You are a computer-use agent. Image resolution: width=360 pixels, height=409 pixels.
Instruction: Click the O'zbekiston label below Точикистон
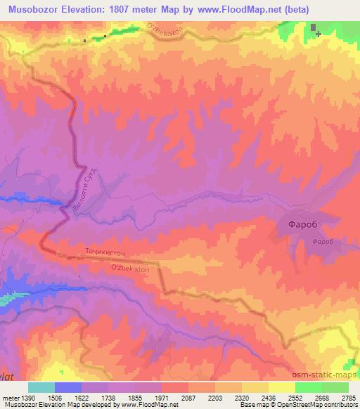pyautogui.click(x=131, y=269)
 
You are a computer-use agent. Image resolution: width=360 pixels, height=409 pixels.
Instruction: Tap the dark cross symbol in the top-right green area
pyautogui.click(x=318, y=33)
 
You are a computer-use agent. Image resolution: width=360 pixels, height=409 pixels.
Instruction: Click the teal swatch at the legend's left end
pyautogui.click(x=41, y=387)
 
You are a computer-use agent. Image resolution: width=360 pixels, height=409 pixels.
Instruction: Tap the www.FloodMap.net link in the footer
pyautogui.click(x=149, y=405)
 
